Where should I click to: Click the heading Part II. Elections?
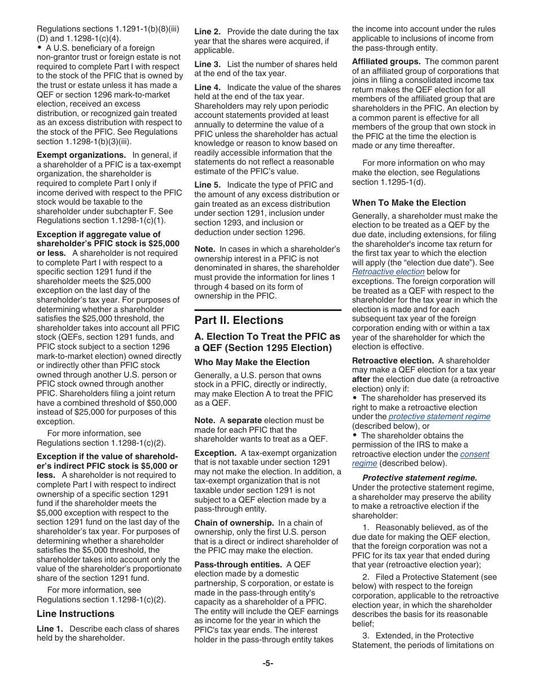(239, 320)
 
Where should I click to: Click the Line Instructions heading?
(76, 614)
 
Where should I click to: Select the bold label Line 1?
(50, 629)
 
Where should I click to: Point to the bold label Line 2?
(208, 32)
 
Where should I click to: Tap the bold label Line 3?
(208, 64)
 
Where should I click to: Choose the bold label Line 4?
(208, 87)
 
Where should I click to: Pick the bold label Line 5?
(208, 185)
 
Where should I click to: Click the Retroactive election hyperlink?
(388, 272)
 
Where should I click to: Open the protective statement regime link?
(440, 416)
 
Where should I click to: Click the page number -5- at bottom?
(267, 663)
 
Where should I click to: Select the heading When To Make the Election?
(409, 203)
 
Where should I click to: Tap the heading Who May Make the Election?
(252, 362)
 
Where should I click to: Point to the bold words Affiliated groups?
(386, 61)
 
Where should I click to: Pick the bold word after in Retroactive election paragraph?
(361, 379)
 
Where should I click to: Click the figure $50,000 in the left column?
(161, 403)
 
